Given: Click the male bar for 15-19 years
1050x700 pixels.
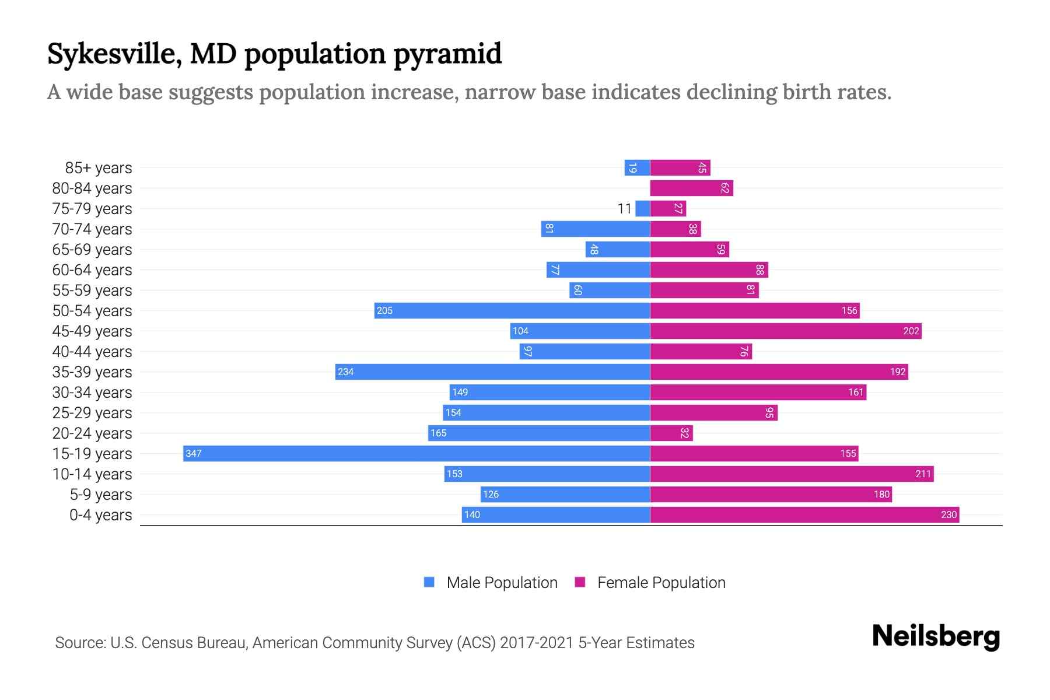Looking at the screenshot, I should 416,453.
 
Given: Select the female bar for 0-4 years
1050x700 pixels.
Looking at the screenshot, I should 804,514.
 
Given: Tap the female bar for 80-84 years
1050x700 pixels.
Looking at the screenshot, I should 691,188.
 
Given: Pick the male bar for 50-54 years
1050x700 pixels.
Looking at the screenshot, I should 512,310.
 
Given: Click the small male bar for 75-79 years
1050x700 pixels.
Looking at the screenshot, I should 642,208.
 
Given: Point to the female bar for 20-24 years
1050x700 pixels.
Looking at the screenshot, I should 671,433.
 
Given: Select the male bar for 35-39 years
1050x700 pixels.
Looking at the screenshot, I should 493,372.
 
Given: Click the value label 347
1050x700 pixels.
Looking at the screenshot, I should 194,453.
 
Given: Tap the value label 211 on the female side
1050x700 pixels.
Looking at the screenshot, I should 923,474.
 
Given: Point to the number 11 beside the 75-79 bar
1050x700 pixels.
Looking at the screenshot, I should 624,208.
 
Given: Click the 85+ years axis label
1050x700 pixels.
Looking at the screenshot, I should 98,167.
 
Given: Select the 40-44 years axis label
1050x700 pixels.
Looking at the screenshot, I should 92,351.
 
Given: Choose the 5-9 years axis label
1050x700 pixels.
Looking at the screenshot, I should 100,494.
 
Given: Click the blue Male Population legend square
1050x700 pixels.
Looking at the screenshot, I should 429,582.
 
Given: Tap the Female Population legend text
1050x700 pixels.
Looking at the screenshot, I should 661,582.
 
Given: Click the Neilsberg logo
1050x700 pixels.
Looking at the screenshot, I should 936,636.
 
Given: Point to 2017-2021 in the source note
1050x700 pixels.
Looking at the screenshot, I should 536,642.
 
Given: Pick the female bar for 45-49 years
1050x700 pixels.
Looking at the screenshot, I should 786,331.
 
